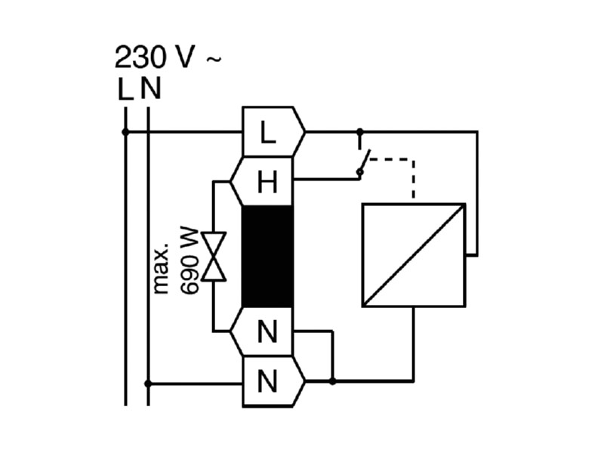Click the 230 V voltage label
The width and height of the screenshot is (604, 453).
pyautogui.click(x=155, y=57)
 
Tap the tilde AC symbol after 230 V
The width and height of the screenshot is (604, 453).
pyautogui.click(x=214, y=59)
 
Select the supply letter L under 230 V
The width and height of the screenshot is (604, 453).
pyautogui.click(x=125, y=89)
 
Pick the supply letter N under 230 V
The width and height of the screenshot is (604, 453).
pyautogui.click(x=150, y=89)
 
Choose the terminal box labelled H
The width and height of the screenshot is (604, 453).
pyautogui.click(x=262, y=181)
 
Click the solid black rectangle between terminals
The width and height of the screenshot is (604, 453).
pyautogui.click(x=267, y=257)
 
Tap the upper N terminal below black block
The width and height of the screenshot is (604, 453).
pyautogui.click(x=262, y=331)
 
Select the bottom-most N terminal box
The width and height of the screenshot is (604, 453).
pyautogui.click(x=273, y=381)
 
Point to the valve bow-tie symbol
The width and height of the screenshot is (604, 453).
pyautogui.click(x=214, y=257)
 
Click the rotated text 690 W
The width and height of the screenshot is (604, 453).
pyautogui.click(x=190, y=261)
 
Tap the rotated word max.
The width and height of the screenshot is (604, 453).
pyautogui.click(x=161, y=269)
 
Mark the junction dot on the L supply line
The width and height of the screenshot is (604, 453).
pyautogui.click(x=125, y=132)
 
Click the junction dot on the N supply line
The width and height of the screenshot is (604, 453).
pyautogui.click(x=148, y=384)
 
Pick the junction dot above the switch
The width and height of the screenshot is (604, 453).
pyautogui.click(x=360, y=132)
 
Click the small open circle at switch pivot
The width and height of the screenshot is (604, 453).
pyautogui.click(x=360, y=172)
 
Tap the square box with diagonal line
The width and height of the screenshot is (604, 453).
pyautogui.click(x=414, y=255)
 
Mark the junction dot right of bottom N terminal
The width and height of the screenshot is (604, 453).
pyautogui.click(x=332, y=381)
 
